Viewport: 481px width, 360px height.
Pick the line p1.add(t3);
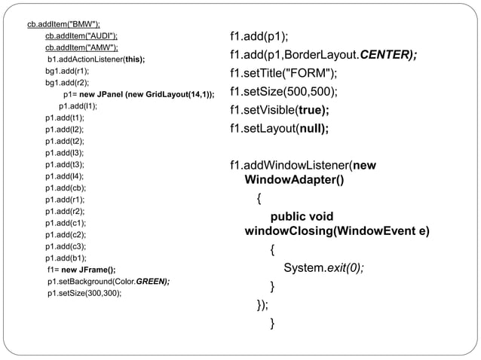pyautogui.click(x=64, y=164)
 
